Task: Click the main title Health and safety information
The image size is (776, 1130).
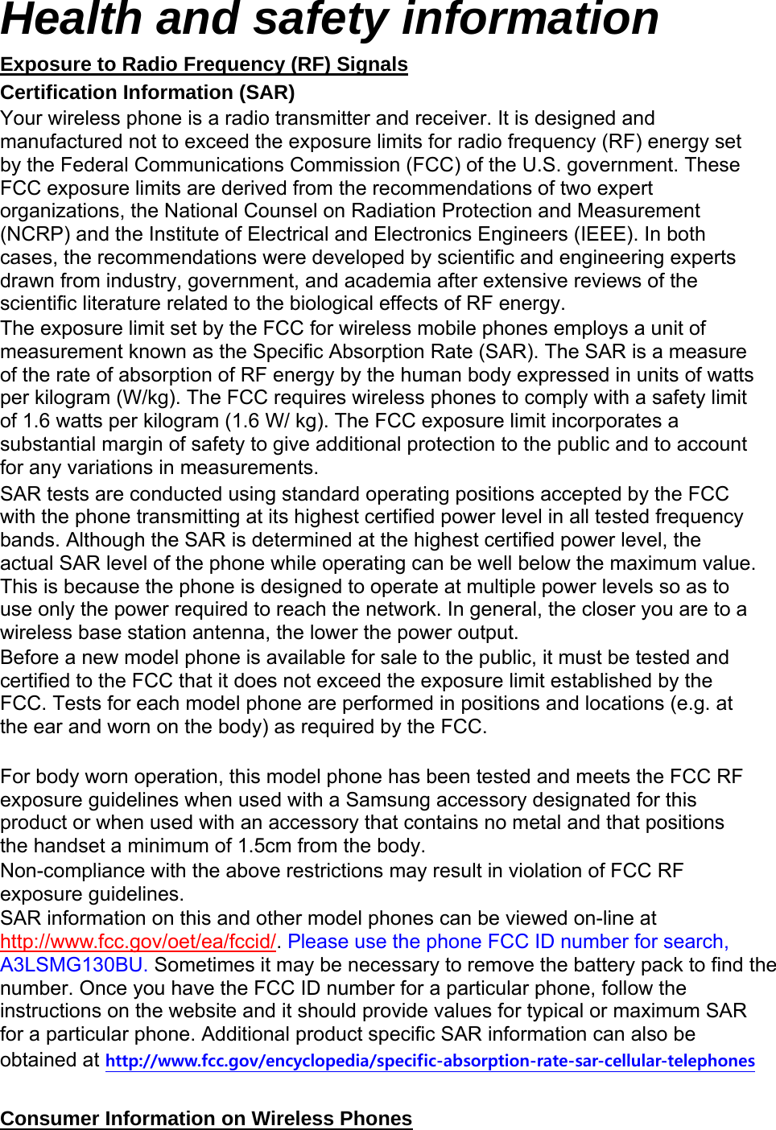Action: pos(330,19)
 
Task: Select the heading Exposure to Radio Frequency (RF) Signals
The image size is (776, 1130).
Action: pos(204,64)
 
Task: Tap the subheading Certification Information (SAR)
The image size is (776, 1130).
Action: pos(147,93)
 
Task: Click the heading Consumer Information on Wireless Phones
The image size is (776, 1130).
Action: pos(206,1119)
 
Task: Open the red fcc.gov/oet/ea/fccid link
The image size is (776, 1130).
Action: pos(138,942)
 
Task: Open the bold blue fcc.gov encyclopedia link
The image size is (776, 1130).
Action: pos(430,1061)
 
